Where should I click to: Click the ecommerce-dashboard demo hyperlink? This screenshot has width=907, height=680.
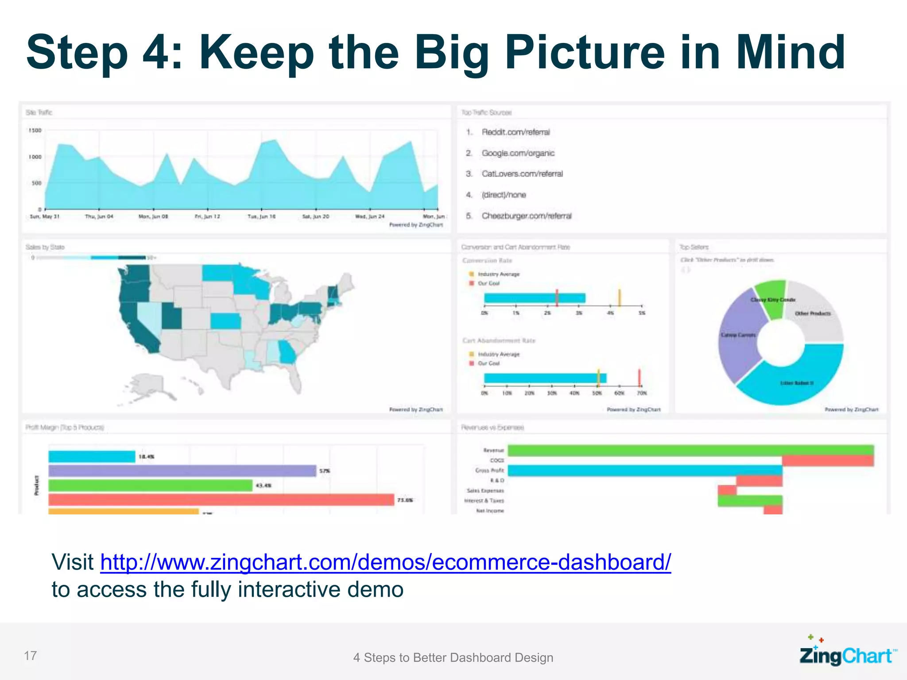385,562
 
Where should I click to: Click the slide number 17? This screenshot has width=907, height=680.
30,656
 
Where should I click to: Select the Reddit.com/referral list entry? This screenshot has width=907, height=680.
516,132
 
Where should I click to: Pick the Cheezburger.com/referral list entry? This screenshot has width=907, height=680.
527,216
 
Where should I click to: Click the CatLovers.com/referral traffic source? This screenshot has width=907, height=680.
522,174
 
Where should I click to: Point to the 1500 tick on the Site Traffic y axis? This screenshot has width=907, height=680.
35,131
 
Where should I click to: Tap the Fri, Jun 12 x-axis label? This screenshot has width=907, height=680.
207,216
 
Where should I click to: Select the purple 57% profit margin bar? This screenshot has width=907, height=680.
182,471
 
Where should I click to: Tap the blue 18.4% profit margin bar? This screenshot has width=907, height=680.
91,456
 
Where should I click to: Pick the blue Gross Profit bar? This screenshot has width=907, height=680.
644,471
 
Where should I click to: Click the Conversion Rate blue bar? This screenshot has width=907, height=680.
534,298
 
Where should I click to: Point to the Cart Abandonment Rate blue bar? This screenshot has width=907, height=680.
545,378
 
